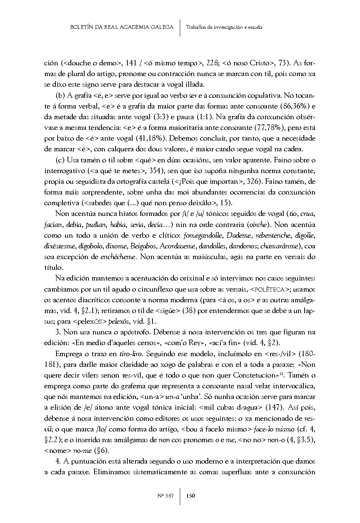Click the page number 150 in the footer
pyautogui.click(x=191, y=496)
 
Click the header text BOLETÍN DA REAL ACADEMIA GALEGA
pyautogui.click(x=121, y=27)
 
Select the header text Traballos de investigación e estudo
pyautogui.click(x=224, y=27)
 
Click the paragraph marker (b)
pyautogui.click(x=60, y=96)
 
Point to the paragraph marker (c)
pyautogui.click(x=60, y=160)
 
